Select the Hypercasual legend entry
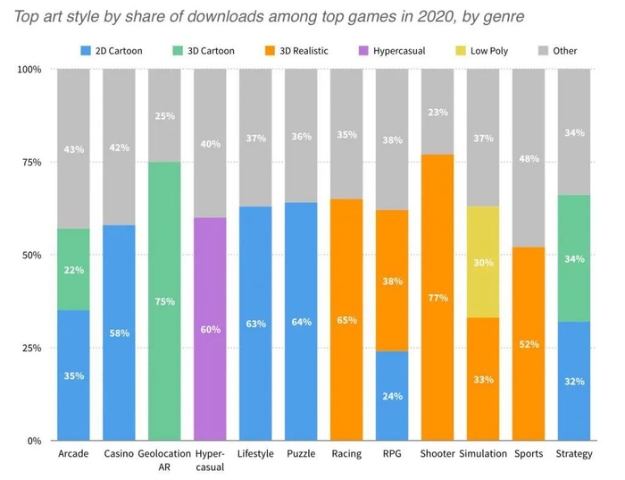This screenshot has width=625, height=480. [x=398, y=51]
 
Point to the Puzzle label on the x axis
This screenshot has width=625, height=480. [x=301, y=454]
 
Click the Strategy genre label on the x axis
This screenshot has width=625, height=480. [x=574, y=454]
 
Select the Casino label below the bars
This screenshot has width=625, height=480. [x=119, y=454]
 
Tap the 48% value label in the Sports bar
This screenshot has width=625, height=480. [x=529, y=158]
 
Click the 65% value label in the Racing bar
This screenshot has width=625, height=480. [x=346, y=320]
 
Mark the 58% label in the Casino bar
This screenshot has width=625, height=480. [x=119, y=333]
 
